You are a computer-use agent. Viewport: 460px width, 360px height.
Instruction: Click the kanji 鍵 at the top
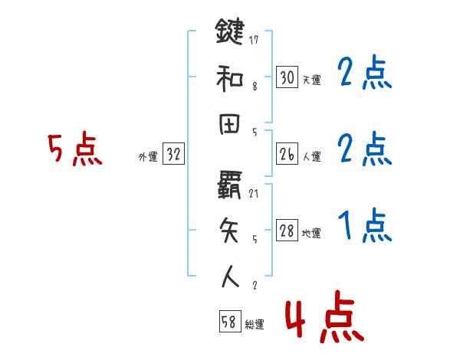(229, 32)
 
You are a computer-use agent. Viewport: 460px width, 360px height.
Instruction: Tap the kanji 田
(229, 128)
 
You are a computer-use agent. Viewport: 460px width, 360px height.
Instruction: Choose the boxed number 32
(173, 155)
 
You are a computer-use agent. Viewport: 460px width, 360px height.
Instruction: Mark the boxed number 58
(228, 322)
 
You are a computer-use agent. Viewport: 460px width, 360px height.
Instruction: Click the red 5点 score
(74, 149)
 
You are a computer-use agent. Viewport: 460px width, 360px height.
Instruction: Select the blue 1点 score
(364, 227)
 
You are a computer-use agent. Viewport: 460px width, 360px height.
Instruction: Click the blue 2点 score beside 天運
(364, 74)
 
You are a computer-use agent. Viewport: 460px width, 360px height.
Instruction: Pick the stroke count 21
(254, 192)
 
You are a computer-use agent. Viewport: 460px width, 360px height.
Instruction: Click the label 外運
(147, 157)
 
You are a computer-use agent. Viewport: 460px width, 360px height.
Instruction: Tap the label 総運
(255, 325)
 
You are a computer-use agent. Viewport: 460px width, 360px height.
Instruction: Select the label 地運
(311, 234)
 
